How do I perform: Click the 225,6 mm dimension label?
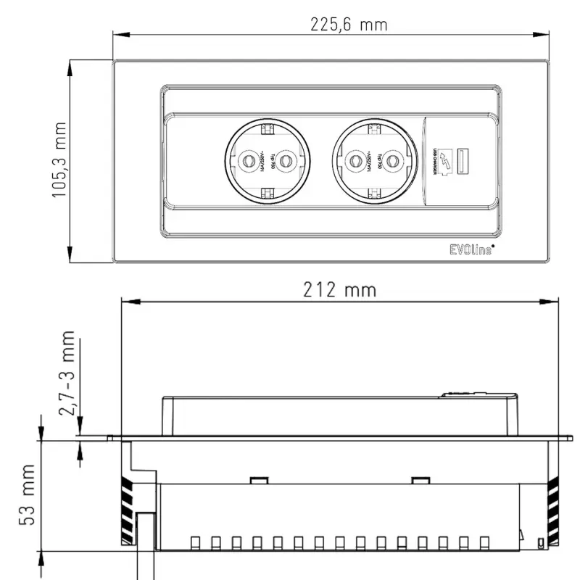[x=349, y=25]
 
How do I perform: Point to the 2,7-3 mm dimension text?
[x=67, y=373]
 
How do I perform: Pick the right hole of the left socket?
[x=286, y=160]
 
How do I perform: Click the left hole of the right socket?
[x=356, y=160]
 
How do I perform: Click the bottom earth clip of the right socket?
[x=375, y=193]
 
